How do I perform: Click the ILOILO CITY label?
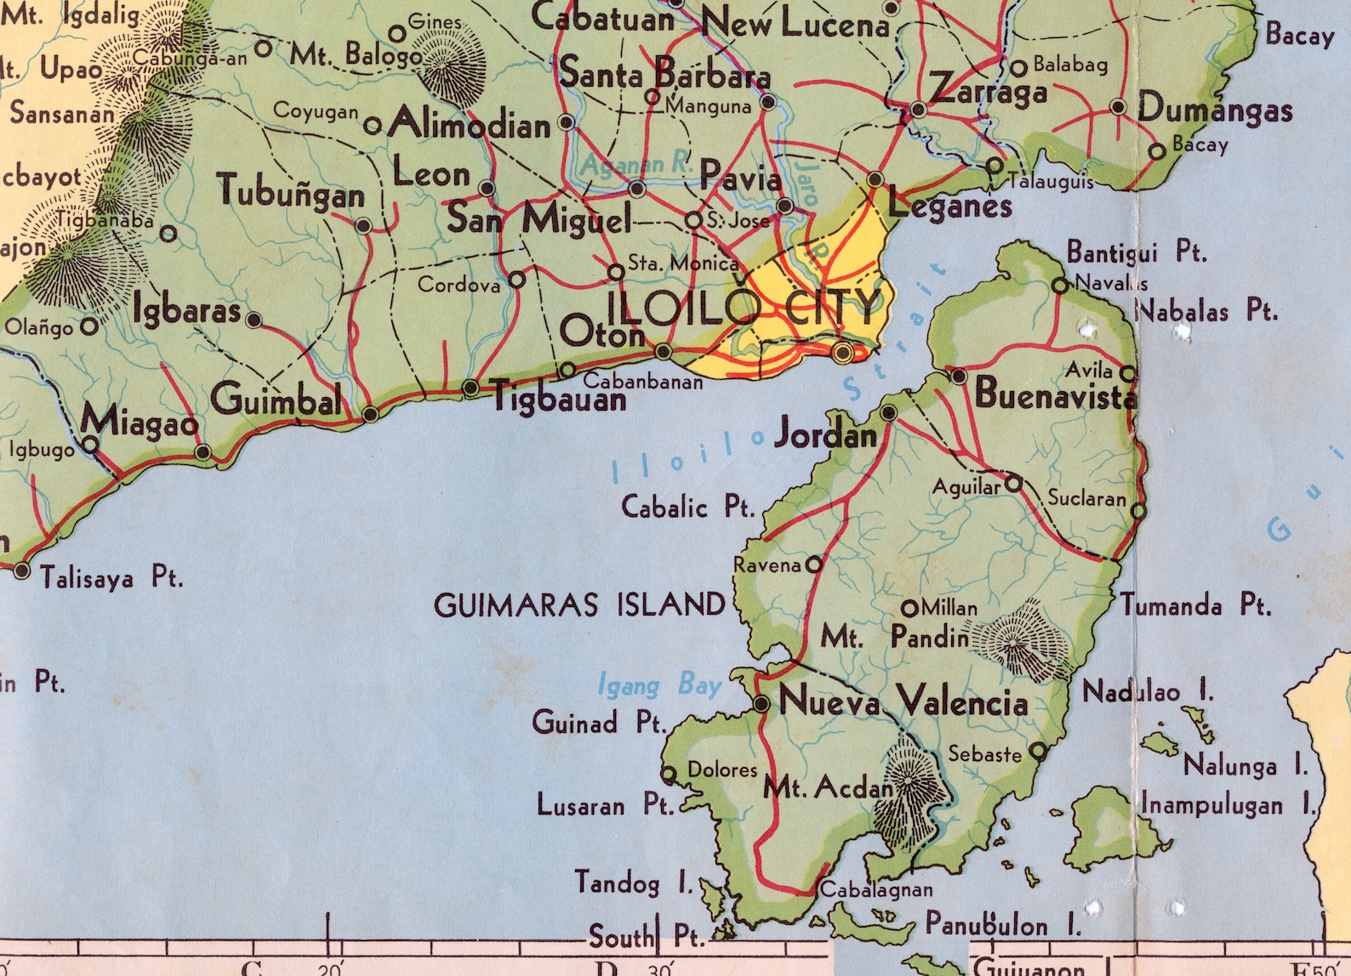point(743,308)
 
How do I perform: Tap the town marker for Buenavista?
point(959,376)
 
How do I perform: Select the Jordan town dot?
point(888,413)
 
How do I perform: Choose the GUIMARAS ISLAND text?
point(579,605)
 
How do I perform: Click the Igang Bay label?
point(659,684)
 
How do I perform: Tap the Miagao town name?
point(140,421)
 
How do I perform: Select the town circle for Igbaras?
point(253,320)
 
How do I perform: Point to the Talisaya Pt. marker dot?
point(22,571)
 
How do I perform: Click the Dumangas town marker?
point(1118,108)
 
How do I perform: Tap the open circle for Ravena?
point(814,564)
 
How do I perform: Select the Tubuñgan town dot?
point(363,226)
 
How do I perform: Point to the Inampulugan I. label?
point(1228,804)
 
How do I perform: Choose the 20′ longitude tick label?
point(329,967)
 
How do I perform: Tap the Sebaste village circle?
point(1038,751)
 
